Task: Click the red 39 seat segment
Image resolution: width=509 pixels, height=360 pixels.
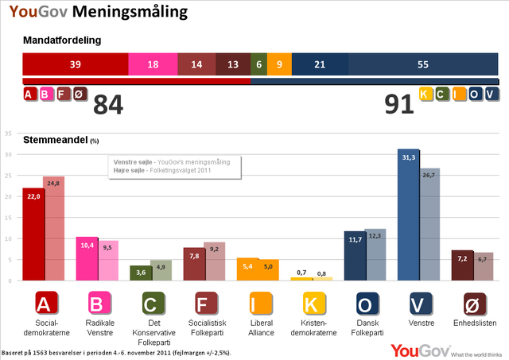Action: (x=76, y=64)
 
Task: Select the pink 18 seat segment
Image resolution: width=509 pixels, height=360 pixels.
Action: (x=152, y=64)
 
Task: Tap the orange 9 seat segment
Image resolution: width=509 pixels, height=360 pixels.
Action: (x=279, y=64)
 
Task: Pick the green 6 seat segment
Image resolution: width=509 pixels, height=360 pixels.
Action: (x=258, y=64)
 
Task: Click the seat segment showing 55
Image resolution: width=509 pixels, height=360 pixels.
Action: (x=423, y=64)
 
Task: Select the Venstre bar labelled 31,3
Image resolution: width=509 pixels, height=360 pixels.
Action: (x=408, y=215)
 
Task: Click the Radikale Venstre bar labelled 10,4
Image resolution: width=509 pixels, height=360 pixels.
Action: (x=86, y=258)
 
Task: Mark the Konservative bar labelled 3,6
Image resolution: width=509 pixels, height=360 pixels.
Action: (x=140, y=273)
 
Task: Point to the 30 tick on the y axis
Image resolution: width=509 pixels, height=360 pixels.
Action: (x=9, y=154)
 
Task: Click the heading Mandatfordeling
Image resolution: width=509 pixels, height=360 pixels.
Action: (x=62, y=40)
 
